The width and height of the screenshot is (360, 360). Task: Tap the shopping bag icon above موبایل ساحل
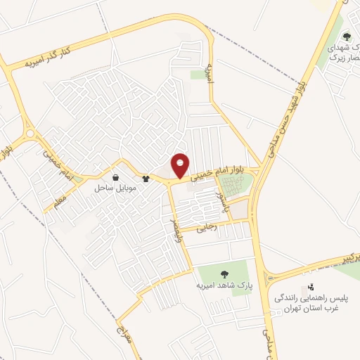(x=115, y=177)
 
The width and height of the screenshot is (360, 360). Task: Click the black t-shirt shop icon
(x=146, y=179)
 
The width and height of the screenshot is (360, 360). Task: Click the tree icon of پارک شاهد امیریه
(x=224, y=274)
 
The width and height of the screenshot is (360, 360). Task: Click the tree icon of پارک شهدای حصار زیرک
(x=345, y=36)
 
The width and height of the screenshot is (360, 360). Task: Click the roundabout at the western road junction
(x=30, y=134)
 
